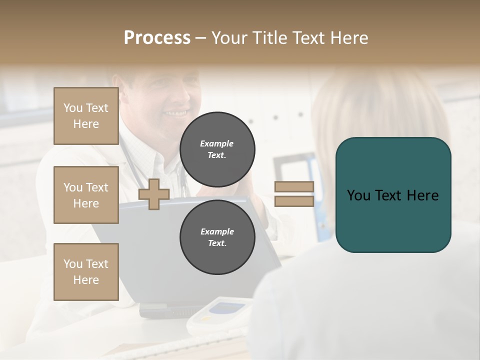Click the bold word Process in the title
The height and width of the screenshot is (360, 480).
[x=157, y=38]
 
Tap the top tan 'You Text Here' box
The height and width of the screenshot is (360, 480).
[x=86, y=116]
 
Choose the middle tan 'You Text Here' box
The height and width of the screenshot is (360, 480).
[x=86, y=195]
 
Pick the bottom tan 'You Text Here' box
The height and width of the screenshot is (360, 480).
[x=86, y=271]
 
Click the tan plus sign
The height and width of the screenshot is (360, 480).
[x=154, y=194]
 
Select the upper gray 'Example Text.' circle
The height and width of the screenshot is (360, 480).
[x=217, y=149]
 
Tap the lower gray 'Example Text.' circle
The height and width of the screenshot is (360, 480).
[x=217, y=237]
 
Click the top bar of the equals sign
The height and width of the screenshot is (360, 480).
[x=294, y=187]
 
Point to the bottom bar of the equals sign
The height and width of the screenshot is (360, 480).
[x=294, y=201]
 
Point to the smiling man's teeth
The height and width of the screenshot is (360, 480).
[x=176, y=113]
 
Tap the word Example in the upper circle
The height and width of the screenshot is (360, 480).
[x=217, y=143]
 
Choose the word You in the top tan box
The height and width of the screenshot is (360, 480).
[x=73, y=108]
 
